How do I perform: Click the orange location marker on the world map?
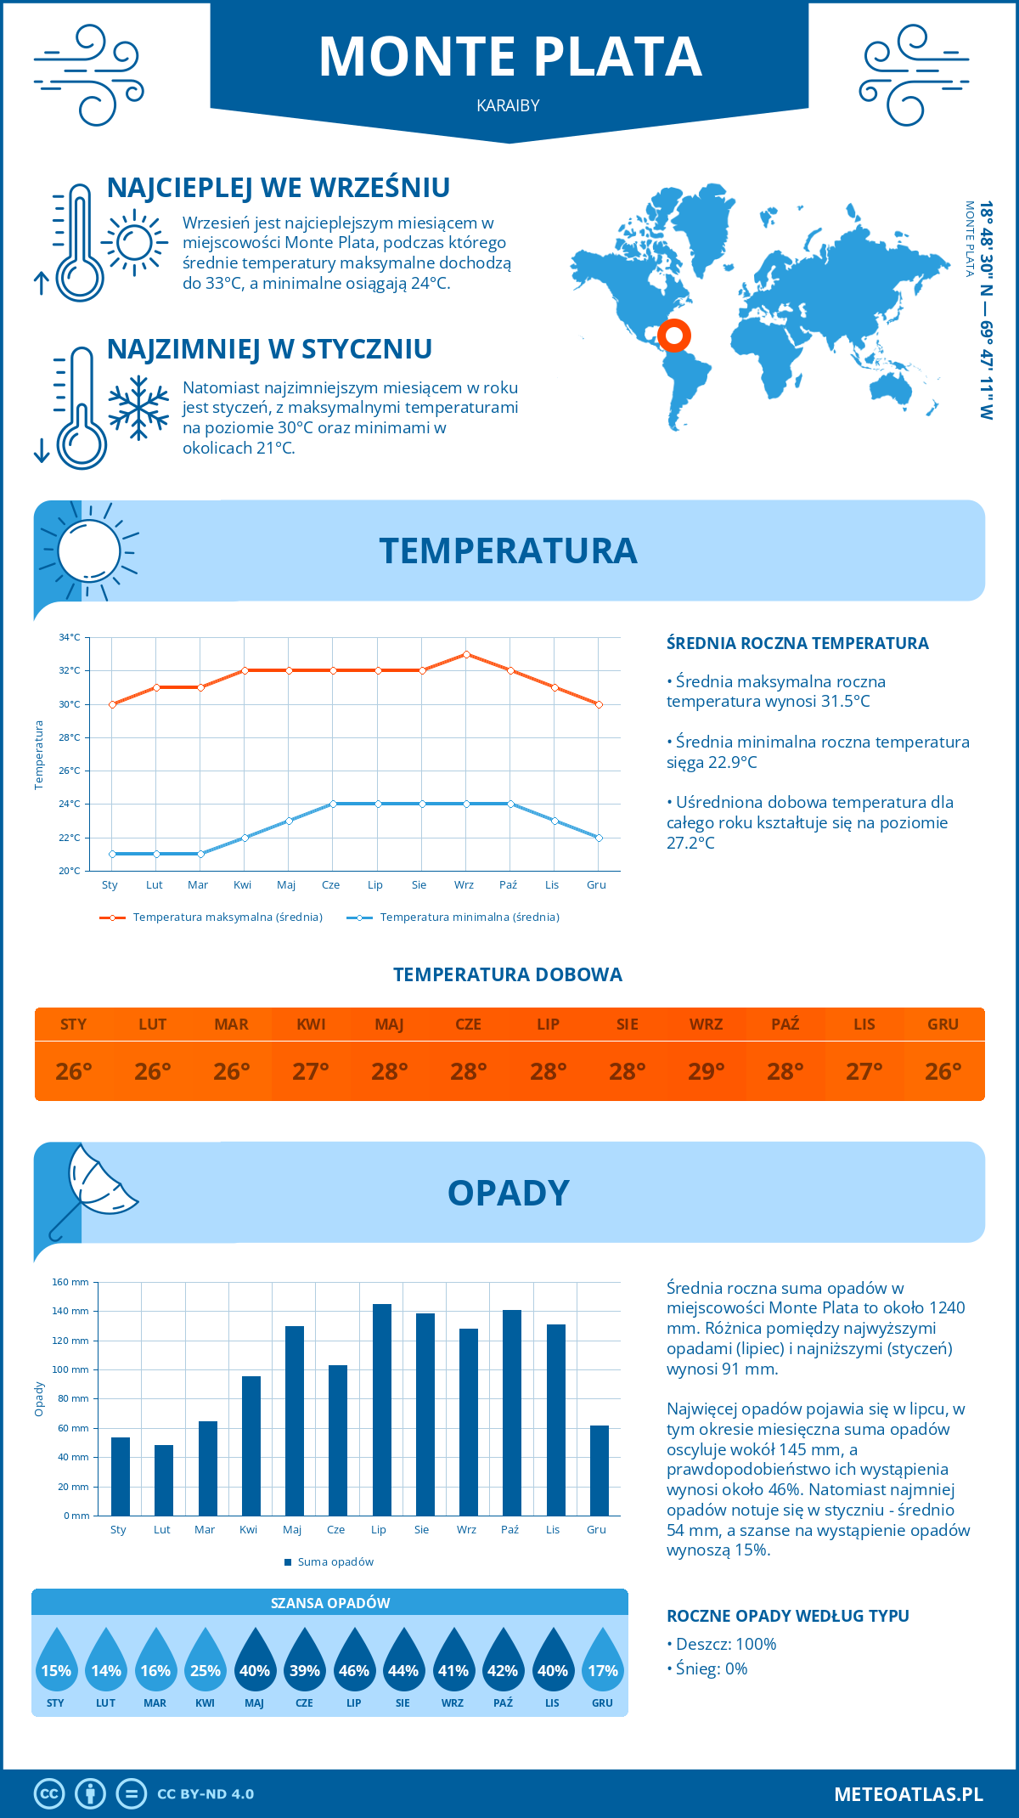(674, 336)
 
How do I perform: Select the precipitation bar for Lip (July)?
(382, 1409)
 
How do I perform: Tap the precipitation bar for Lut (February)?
(164, 1480)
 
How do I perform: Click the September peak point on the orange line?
(466, 654)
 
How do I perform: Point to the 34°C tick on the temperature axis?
(70, 637)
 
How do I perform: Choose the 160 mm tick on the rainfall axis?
(71, 1282)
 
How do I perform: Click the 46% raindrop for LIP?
(353, 1665)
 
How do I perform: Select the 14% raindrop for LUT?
(106, 1665)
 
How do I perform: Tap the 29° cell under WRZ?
(706, 1071)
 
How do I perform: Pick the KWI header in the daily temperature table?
(311, 1025)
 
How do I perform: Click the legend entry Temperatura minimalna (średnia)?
(469, 917)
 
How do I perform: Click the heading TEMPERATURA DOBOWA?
(508, 974)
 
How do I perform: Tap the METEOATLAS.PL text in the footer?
(909, 1793)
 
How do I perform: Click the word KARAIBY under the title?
(508, 106)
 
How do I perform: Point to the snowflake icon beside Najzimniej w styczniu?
(138, 409)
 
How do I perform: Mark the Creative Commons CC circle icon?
(49, 1793)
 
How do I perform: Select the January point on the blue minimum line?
(112, 854)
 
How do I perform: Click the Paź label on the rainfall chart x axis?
(509, 1529)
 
